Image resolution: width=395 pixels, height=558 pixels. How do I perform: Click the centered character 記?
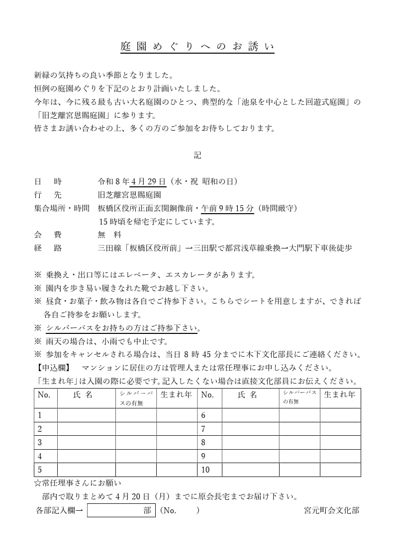197,156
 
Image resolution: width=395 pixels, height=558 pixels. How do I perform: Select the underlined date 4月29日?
148,181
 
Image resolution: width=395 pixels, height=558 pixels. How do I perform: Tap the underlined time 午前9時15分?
227,208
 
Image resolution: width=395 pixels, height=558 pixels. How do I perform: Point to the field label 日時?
48,181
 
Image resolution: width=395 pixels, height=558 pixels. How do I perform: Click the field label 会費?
48,235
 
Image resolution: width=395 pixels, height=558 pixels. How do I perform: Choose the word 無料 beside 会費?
109,235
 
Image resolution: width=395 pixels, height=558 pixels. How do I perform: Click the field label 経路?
48,248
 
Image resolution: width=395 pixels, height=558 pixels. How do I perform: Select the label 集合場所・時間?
62,208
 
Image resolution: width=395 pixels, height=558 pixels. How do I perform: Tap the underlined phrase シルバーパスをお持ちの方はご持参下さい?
121,328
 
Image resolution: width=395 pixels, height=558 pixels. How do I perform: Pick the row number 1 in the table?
40,415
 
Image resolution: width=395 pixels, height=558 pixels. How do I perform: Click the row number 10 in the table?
205,470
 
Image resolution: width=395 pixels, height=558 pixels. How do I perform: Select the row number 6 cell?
203,415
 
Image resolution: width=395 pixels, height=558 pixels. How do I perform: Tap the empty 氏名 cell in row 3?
86,443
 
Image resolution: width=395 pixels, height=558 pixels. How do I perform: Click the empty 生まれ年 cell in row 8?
340,443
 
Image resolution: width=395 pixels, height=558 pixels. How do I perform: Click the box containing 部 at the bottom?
121,510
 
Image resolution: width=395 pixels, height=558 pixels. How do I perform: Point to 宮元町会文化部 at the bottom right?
331,510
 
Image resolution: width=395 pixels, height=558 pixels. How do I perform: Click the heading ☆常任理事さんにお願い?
78,483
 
